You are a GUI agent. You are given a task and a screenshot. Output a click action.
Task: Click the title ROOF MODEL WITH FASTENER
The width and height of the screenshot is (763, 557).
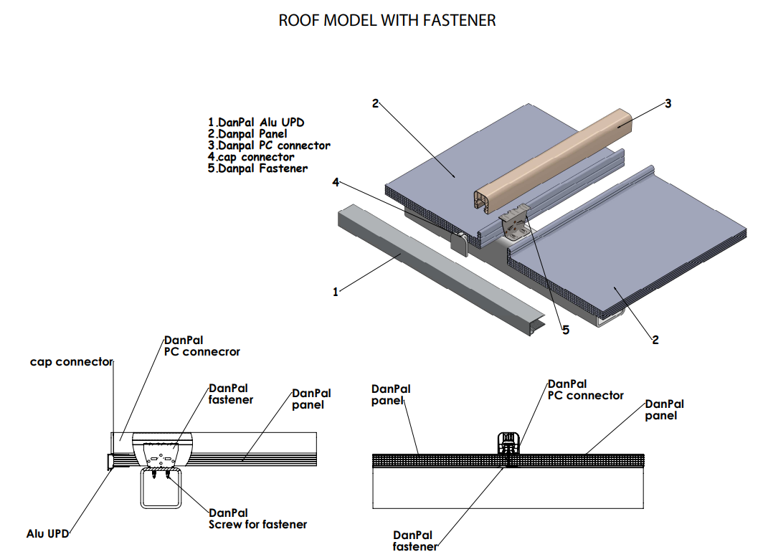387,20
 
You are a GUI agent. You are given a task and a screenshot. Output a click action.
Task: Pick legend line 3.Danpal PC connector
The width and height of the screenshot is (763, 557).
269,146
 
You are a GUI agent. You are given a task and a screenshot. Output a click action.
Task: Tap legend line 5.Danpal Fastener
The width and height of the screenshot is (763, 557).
257,168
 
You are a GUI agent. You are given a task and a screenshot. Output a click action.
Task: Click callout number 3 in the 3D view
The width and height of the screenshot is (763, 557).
668,103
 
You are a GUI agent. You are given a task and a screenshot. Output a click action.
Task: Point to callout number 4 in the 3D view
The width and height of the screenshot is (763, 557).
335,182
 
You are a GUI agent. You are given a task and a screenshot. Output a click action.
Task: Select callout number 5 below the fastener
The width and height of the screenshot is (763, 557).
565,330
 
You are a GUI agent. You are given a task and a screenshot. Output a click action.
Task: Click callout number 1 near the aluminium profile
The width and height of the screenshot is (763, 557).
335,292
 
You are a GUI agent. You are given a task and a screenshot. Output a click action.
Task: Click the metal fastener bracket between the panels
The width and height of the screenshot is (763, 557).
516,224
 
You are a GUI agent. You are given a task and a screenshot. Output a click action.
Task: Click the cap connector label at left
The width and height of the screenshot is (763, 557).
71,362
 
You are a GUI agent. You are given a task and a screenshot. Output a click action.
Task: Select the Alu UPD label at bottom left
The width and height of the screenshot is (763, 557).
47,533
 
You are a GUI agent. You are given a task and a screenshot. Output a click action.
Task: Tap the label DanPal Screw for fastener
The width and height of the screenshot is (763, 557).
257,518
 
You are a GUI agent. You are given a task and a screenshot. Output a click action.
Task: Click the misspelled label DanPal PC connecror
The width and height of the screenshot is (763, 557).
202,346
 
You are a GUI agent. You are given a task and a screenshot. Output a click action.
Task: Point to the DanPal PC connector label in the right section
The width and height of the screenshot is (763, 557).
585,390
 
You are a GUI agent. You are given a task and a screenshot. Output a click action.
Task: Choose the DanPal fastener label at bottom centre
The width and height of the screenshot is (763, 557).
414,541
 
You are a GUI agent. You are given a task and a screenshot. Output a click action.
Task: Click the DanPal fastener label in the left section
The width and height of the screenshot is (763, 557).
230,394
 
